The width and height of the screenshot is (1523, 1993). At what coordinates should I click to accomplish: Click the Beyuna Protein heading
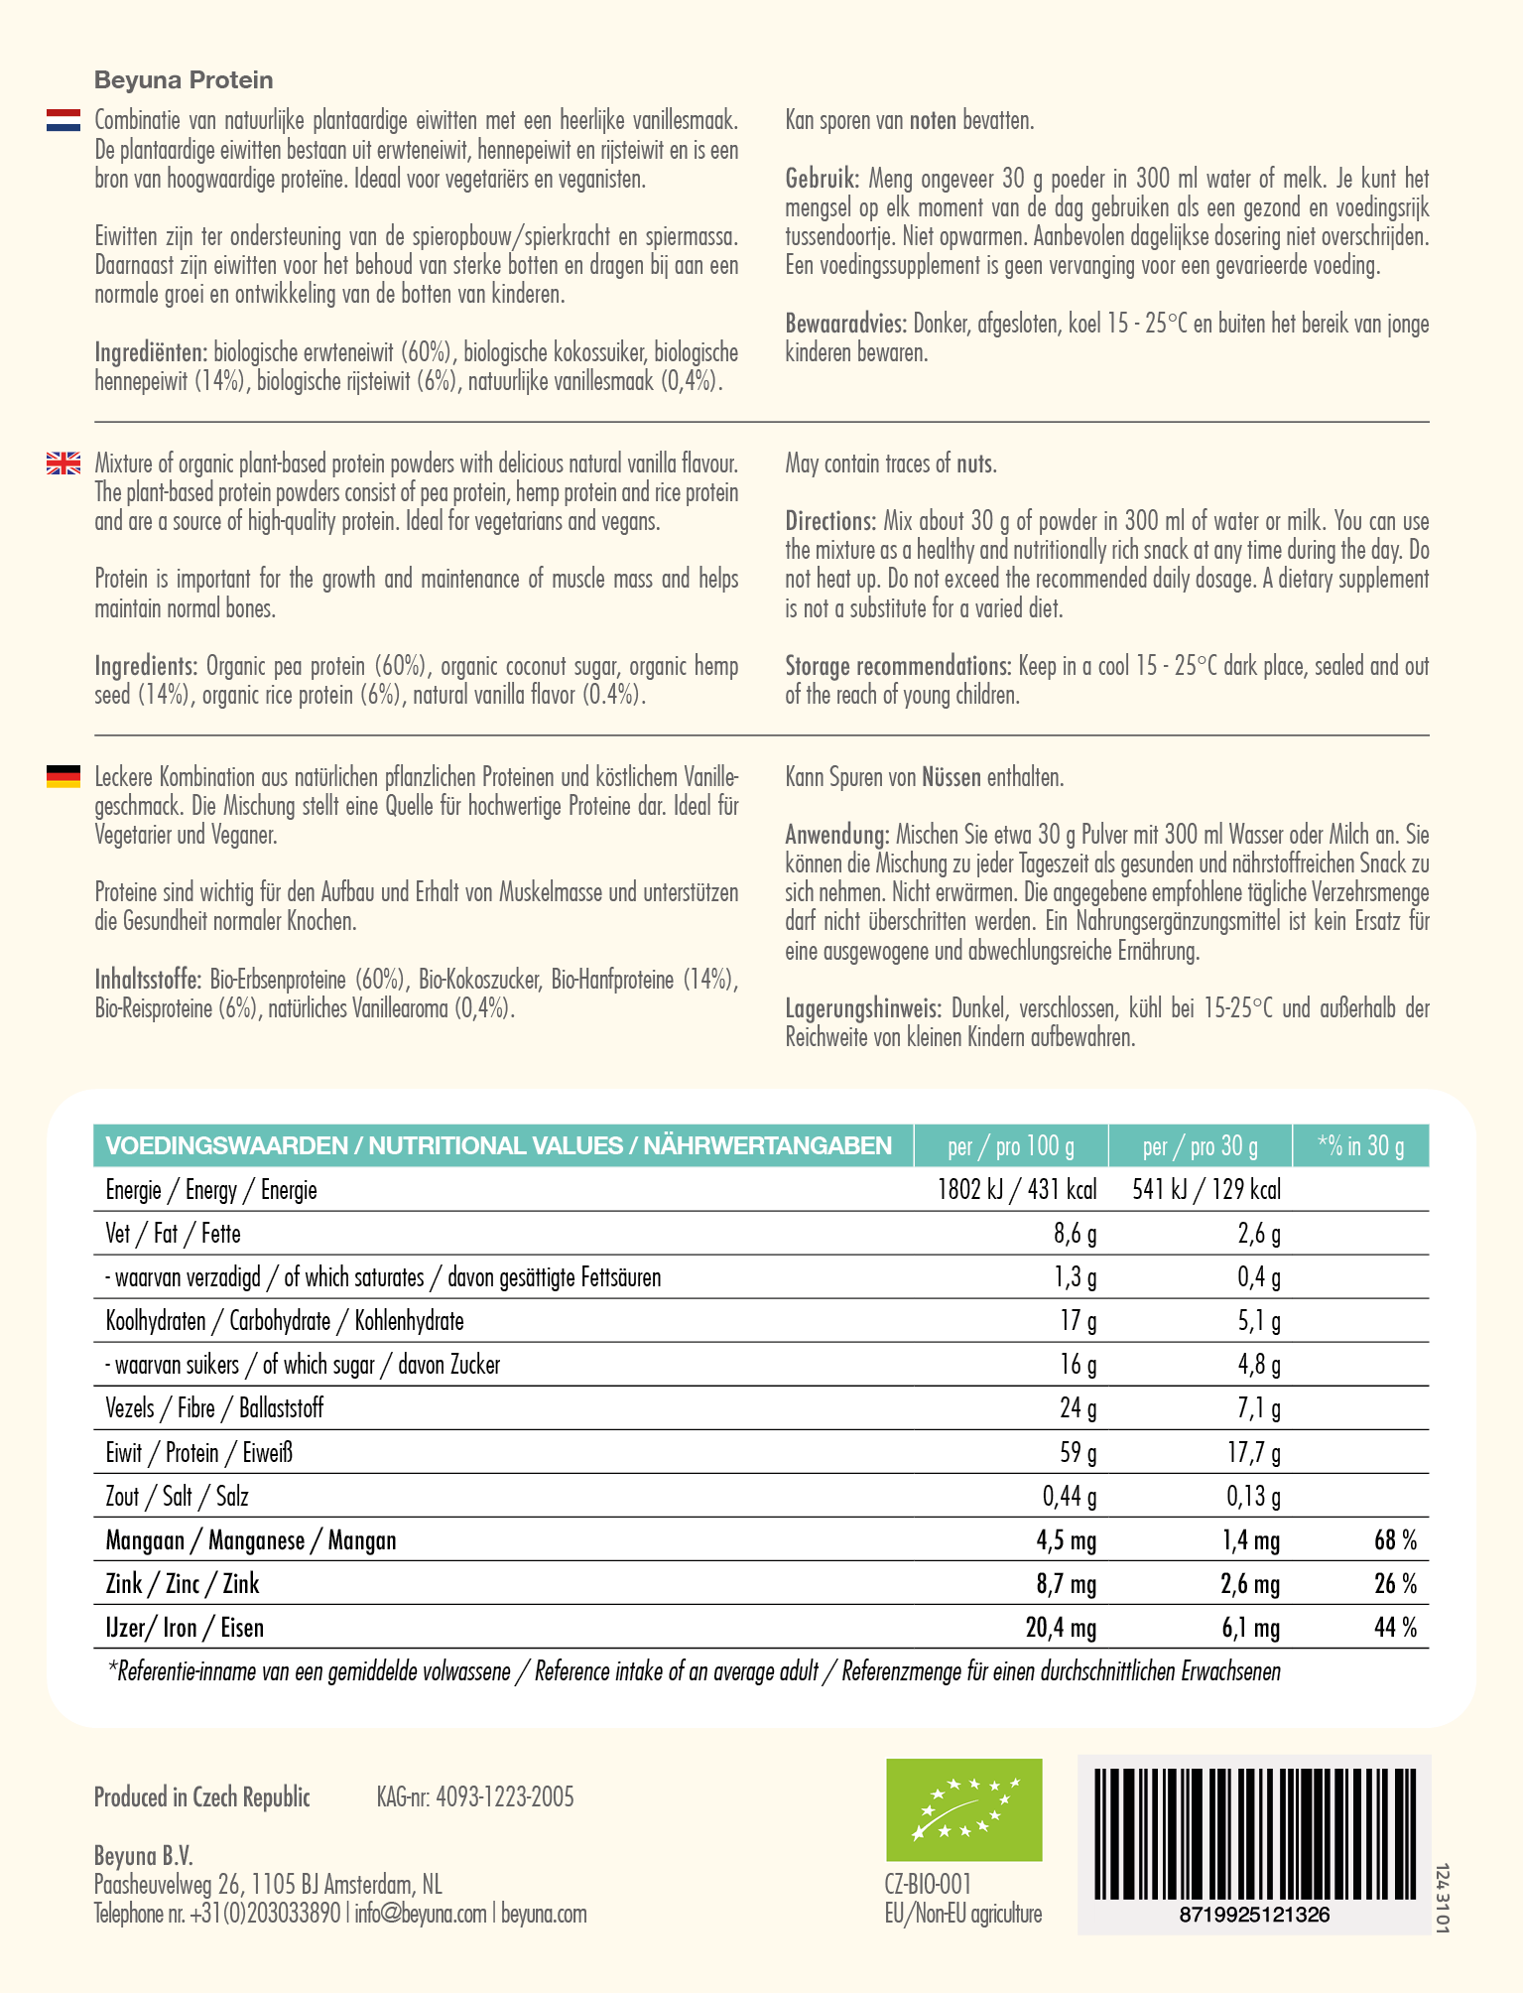coord(184,80)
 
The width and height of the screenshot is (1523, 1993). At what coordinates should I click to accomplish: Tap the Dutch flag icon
coord(63,121)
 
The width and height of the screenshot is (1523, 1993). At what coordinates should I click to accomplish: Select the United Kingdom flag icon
coord(63,464)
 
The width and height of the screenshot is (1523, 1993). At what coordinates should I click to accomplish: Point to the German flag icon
coord(63,776)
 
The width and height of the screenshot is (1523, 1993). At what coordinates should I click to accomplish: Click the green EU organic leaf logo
coord(963,1809)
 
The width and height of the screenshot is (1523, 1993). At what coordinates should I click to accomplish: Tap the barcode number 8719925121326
coord(1254,1915)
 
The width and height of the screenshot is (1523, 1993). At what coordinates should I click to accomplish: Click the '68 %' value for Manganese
coord(1395,1540)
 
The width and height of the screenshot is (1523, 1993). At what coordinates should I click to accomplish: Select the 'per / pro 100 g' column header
coord(1010,1146)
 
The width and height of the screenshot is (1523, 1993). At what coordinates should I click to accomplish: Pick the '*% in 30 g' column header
coord(1360,1146)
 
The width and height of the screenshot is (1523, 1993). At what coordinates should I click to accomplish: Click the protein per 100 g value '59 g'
coord(1078,1453)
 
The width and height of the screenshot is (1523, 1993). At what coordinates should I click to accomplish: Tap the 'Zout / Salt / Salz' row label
coord(177,1497)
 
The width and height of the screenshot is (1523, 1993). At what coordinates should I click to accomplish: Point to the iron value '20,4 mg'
coord(1061,1628)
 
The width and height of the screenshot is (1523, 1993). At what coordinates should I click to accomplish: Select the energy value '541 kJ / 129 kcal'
coord(1206,1190)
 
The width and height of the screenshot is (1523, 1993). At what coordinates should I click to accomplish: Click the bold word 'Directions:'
coord(829,521)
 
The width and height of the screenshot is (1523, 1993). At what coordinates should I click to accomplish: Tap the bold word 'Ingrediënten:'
coord(151,352)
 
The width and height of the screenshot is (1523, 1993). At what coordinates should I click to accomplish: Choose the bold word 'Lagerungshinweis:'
coord(862,1009)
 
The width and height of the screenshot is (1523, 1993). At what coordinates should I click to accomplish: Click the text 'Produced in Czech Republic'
coord(202,1797)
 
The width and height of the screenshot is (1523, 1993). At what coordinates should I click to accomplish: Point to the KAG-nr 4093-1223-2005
coord(475,1797)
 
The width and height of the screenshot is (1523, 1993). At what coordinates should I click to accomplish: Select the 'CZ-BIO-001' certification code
coord(928,1884)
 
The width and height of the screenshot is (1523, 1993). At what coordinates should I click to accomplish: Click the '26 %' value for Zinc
coord(1395,1584)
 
